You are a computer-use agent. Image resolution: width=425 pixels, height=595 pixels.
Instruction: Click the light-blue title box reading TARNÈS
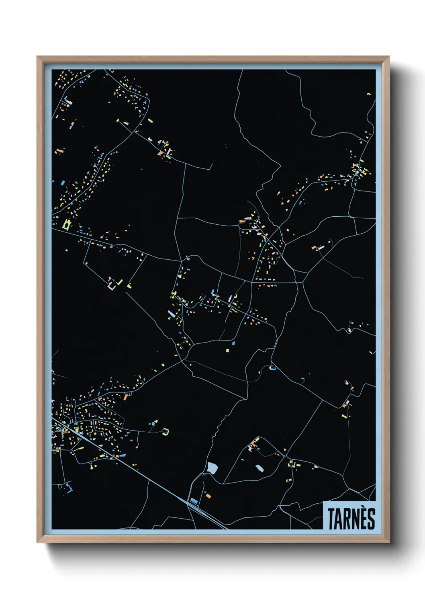[349, 515]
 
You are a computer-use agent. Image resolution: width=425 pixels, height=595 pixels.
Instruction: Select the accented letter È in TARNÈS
[364, 518]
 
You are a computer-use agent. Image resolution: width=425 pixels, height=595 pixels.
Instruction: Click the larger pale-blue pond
[212, 468]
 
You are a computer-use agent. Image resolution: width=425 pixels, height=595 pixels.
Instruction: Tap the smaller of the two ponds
[259, 468]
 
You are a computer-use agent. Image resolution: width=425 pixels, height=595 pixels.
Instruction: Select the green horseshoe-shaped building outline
[165, 432]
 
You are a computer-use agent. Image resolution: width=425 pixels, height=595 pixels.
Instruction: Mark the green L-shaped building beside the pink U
[120, 282]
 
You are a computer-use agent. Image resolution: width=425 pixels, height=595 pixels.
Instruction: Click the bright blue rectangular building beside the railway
[194, 501]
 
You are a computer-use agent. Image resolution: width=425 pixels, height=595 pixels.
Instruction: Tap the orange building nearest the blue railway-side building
[208, 496]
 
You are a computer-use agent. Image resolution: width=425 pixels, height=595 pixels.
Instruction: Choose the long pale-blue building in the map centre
[172, 314]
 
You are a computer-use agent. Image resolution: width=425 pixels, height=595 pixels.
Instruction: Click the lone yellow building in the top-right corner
[369, 94]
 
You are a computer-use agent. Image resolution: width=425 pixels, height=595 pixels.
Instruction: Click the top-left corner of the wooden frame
[38, 57]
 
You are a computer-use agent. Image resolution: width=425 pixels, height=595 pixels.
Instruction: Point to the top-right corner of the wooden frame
[389, 57]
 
